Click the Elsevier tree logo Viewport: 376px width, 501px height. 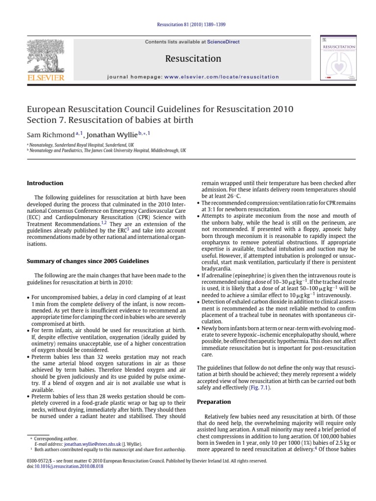(x=46, y=55)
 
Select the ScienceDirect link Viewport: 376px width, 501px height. (x=223, y=42)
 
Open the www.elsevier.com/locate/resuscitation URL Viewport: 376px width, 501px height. (x=221, y=77)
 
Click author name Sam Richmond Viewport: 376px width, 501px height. (x=49, y=134)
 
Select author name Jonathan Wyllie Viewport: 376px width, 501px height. (x=114, y=134)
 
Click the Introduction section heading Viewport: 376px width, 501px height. (x=45, y=183)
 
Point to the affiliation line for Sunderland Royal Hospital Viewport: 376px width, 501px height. (x=81, y=145)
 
